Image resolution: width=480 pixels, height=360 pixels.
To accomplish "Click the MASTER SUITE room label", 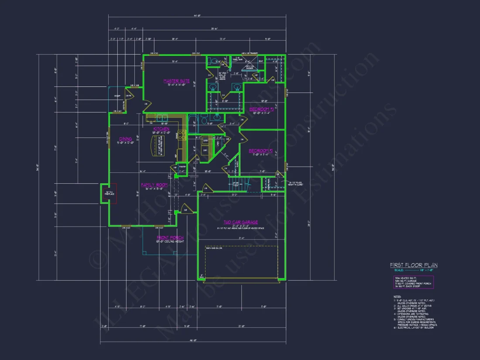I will click(x=173, y=81).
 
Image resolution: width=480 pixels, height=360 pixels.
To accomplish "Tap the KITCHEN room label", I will click(x=161, y=129).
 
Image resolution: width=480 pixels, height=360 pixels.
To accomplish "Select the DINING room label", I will click(x=126, y=139).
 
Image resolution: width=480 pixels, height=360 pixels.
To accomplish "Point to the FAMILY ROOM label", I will click(x=151, y=185).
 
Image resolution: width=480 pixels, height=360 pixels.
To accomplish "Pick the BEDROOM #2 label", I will click(x=261, y=151).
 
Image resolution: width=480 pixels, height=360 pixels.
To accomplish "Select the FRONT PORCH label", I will click(x=170, y=238).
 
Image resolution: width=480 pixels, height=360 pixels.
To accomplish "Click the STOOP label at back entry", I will click(x=117, y=95).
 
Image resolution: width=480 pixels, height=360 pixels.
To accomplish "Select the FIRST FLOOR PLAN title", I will click(x=413, y=265).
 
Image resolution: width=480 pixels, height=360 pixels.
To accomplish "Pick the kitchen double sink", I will click(x=162, y=117).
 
